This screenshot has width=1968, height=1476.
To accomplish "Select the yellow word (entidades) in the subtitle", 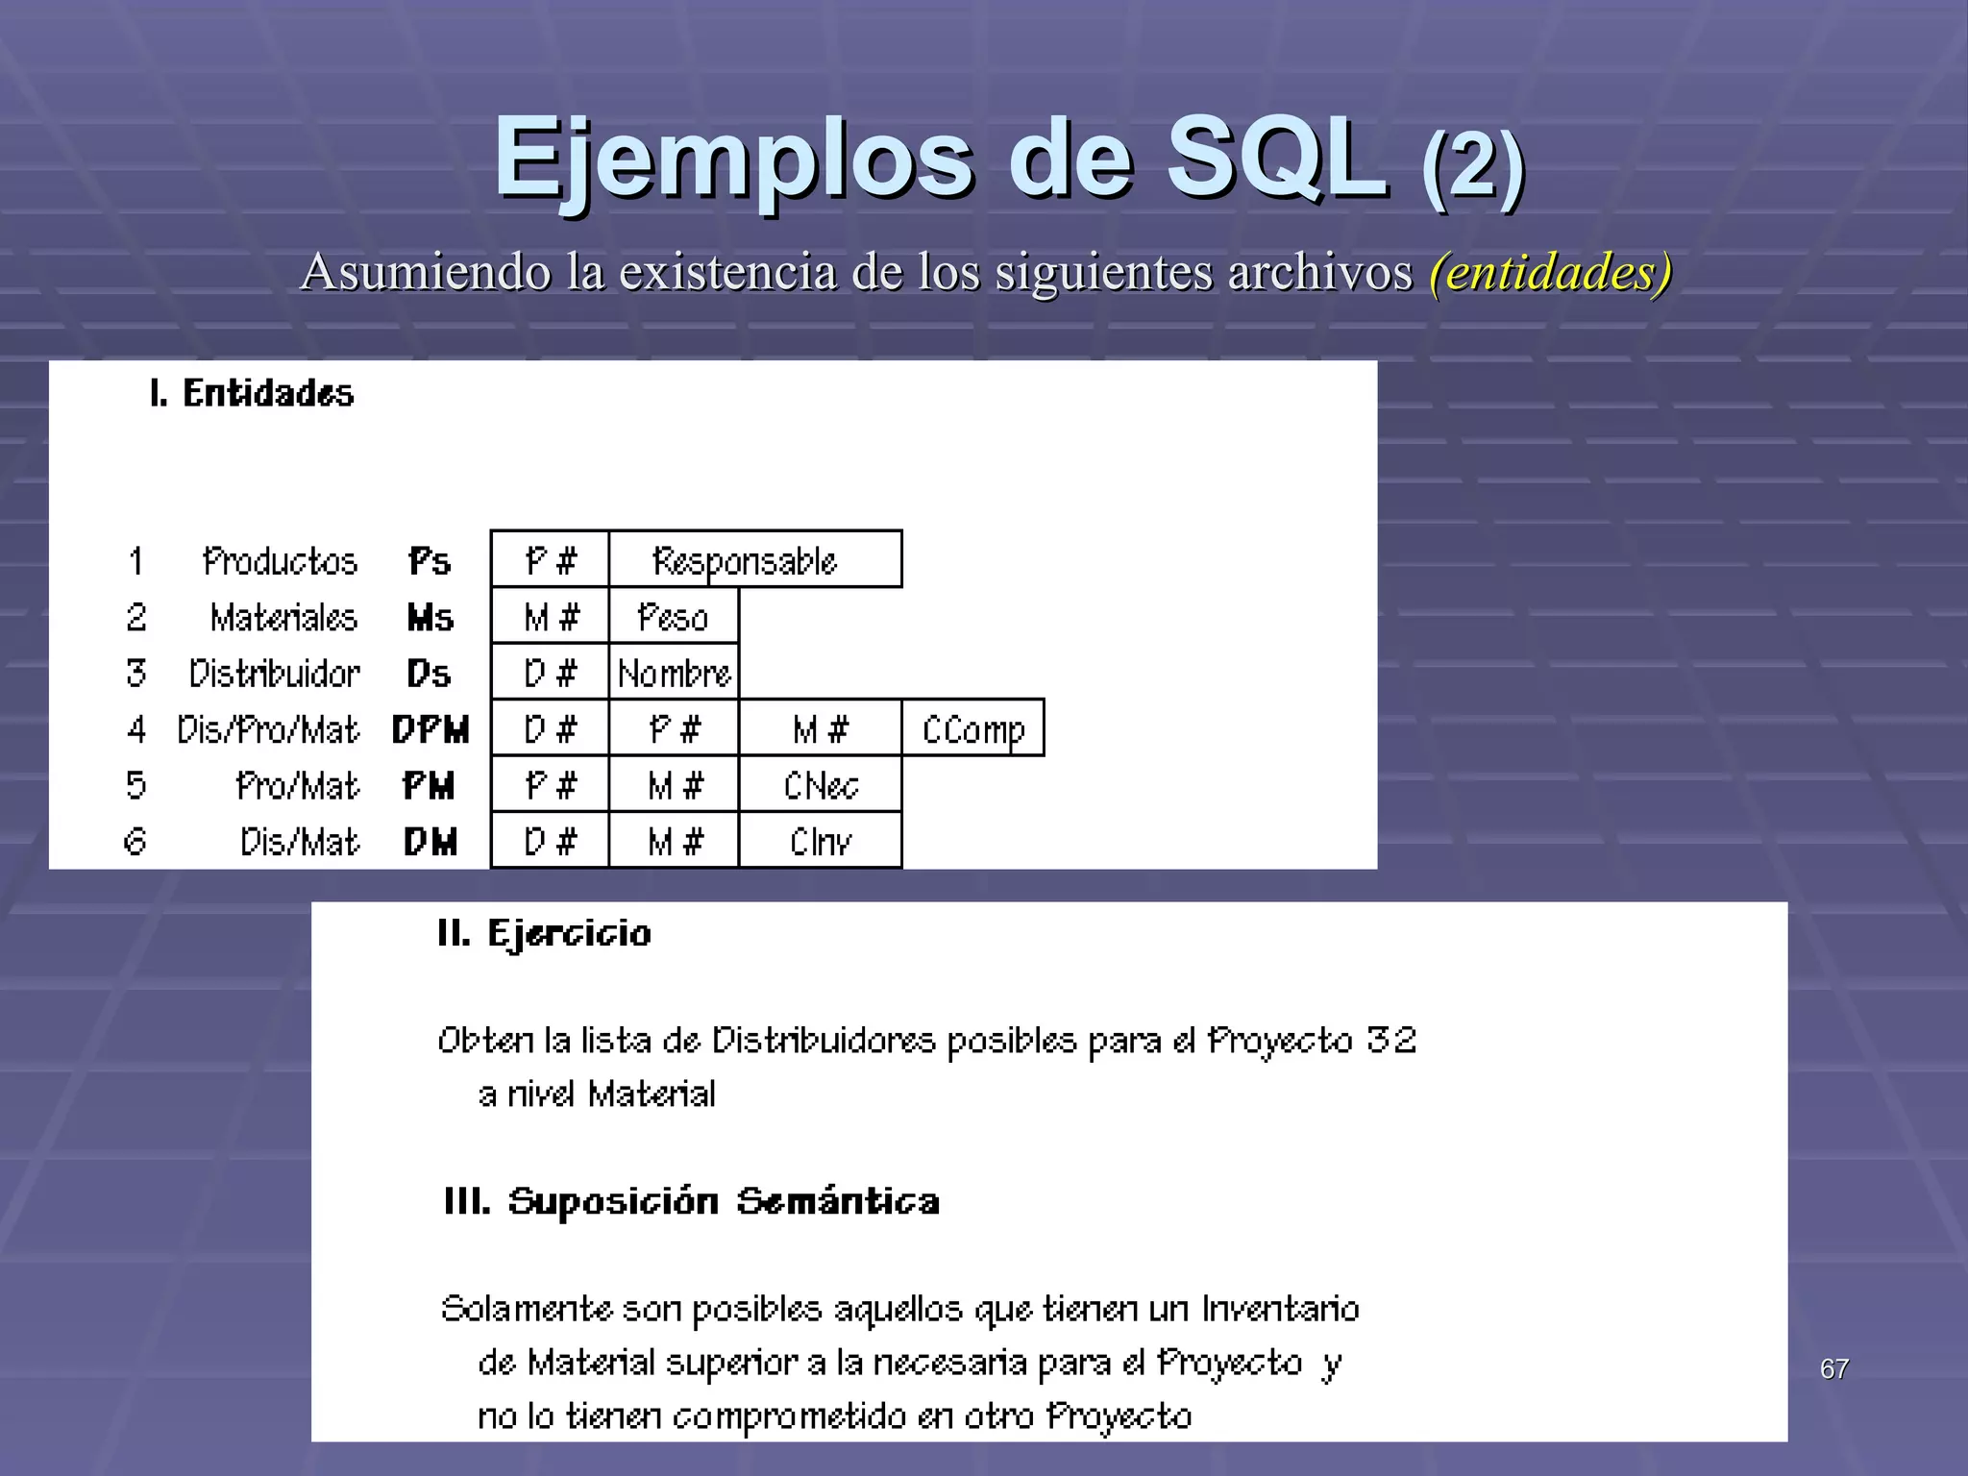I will [1550, 272].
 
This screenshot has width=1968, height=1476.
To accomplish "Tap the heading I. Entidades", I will [252, 394].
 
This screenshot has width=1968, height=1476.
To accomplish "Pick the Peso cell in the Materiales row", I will [674, 617].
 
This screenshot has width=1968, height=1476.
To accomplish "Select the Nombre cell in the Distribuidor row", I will [674, 673].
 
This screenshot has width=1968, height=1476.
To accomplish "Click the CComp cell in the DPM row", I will [972, 729].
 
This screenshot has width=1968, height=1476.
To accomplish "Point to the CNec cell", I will [820, 785].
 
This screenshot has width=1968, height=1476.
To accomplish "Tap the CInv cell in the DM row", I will [820, 842].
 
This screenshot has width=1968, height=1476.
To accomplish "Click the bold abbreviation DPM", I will [430, 730].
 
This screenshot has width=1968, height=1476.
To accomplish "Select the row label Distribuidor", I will [275, 674].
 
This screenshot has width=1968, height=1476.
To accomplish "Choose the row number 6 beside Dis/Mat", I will [135, 842].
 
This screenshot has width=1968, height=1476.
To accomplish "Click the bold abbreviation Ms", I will [430, 618].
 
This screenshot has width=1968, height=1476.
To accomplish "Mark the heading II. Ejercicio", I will [544, 934].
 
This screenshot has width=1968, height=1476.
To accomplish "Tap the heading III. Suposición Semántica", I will [691, 1201].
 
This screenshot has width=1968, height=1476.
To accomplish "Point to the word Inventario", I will [1280, 1309].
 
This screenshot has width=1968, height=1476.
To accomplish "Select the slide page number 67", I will [1833, 1369].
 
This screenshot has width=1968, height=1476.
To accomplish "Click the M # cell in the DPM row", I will [820, 729].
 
